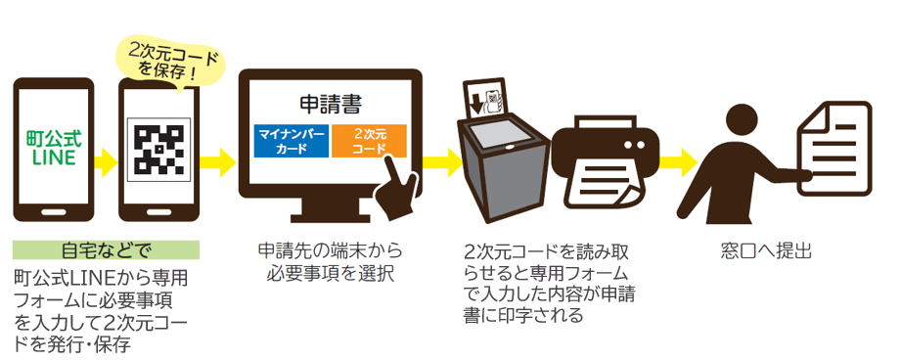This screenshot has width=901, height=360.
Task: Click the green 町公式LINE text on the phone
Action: pyautogui.click(x=54, y=148)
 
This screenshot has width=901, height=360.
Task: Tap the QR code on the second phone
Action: pyautogui.click(x=159, y=150)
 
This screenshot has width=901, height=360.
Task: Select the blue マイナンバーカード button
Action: pyautogui.click(x=292, y=141)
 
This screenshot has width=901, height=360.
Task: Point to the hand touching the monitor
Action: pyautogui.click(x=396, y=190)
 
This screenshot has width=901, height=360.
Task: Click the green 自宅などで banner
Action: pyautogui.click(x=106, y=250)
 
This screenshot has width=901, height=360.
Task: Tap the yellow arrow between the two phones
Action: pyautogui.click(x=106, y=162)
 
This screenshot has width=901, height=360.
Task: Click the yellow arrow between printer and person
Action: pyautogui.click(x=678, y=162)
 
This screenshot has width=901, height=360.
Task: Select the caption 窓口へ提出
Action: pyautogui.click(x=765, y=250)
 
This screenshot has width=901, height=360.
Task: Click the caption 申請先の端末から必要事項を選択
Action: pyautogui.click(x=331, y=261)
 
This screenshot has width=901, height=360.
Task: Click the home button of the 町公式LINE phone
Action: pyautogui.click(x=54, y=212)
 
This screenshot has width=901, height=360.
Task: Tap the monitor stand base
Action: pyautogui.click(x=330, y=218)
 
